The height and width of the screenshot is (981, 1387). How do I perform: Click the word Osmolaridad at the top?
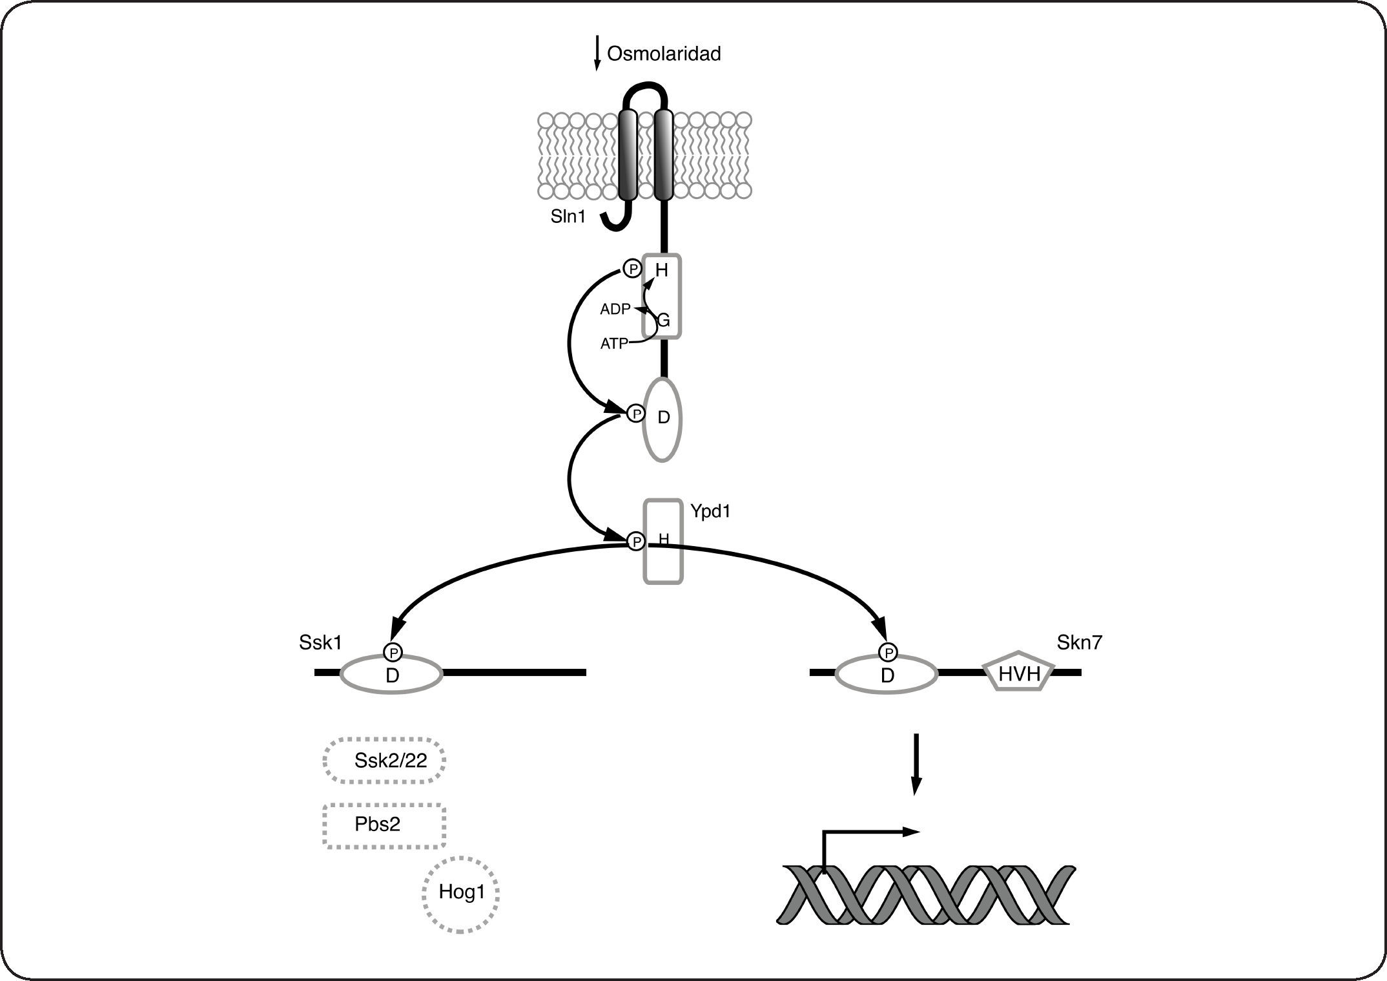point(664,54)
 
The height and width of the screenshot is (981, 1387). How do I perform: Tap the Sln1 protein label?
point(568,216)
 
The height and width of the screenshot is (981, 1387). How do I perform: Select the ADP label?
point(615,310)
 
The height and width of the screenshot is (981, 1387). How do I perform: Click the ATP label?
point(613,344)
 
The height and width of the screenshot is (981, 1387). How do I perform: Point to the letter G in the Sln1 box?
point(664,320)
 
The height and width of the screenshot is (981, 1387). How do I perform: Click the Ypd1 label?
point(710,511)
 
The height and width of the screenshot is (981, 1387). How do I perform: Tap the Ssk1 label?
point(320,642)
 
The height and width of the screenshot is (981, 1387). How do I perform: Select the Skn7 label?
point(1080,642)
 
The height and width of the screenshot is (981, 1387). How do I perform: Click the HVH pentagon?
point(1019,673)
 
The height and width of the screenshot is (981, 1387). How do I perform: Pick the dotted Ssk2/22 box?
point(385,760)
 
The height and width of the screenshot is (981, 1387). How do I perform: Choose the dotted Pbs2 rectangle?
point(385,825)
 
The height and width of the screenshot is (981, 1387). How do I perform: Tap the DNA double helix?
point(926,895)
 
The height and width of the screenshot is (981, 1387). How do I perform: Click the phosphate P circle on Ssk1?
point(393,653)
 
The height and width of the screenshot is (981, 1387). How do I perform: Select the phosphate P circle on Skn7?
point(889,653)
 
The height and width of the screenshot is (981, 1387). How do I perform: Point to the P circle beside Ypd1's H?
point(636,541)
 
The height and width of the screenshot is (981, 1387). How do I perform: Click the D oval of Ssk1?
point(392,675)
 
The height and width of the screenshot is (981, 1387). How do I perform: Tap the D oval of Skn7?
point(887,675)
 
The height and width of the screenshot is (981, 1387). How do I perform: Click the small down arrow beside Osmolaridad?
point(597,55)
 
